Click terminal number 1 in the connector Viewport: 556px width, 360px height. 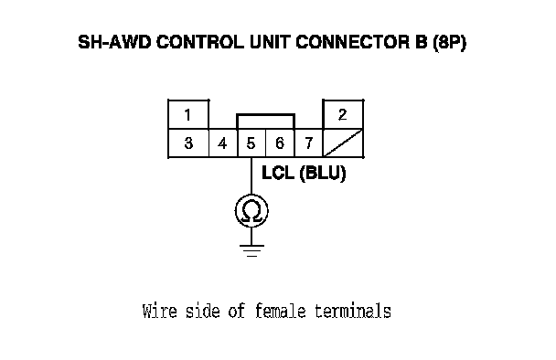pos(188,114)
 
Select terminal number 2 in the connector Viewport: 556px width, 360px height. pos(343,114)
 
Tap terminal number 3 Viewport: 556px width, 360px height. pos(188,143)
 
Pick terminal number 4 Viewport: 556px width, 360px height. pos(223,143)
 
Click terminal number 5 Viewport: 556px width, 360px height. pos(251,143)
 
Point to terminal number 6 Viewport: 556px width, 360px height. pos(280,143)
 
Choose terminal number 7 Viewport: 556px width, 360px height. pos(308,143)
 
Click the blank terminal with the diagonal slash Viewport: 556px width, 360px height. pos(343,143)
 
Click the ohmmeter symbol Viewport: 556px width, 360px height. pos(251,211)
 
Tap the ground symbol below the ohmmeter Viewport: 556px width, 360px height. pos(251,250)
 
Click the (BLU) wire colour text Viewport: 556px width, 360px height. pos(323,174)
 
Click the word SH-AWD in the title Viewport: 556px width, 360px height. pos(114,42)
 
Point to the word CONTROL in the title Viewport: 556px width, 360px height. pos(200,42)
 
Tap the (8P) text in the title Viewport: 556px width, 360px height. pos(449,43)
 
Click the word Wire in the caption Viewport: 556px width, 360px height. pos(159,311)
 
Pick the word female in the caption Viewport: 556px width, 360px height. pos(280,311)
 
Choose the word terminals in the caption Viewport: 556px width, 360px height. pos(353,311)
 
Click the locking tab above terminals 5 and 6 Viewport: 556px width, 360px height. pos(265,115)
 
